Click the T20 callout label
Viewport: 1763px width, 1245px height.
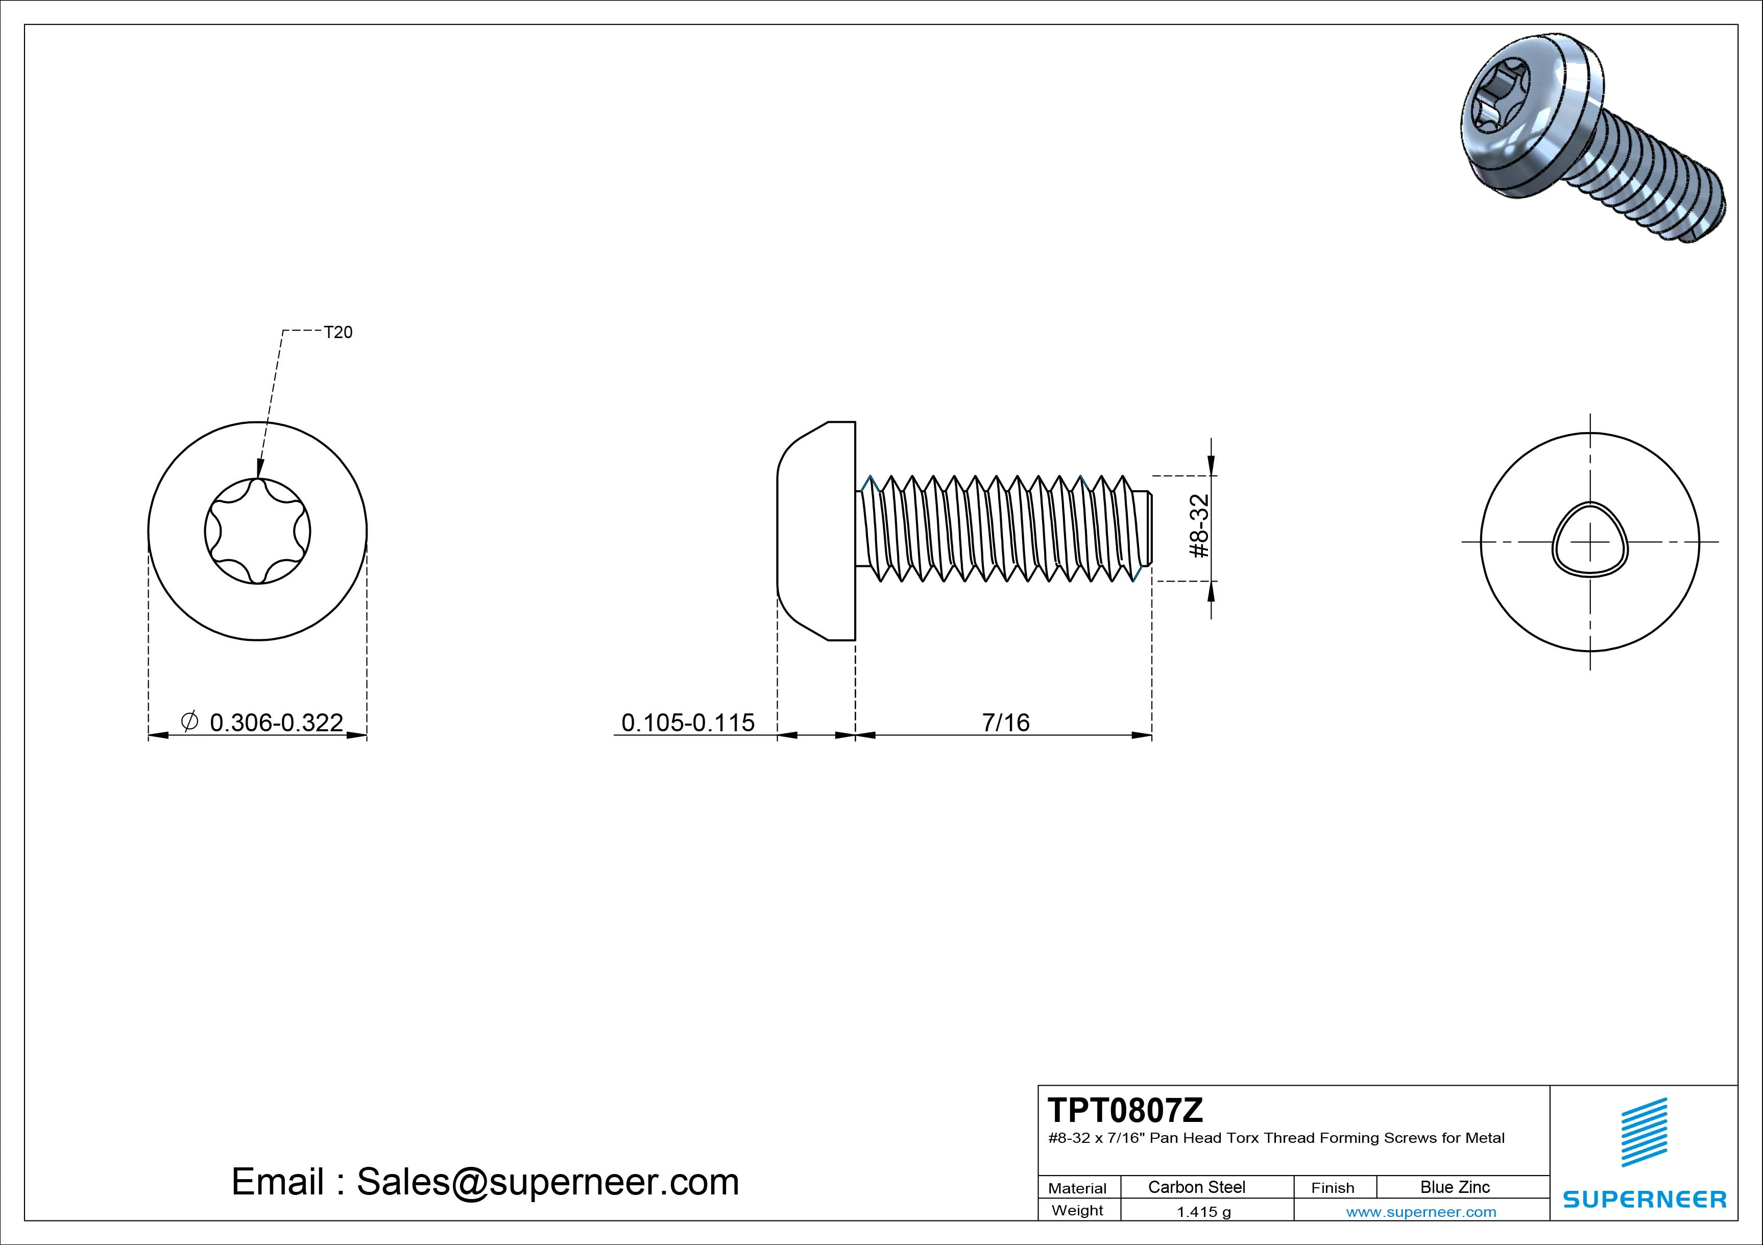click(x=338, y=332)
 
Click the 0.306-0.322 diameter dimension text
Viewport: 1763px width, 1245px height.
click(x=276, y=723)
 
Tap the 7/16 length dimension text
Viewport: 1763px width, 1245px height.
click(x=1005, y=723)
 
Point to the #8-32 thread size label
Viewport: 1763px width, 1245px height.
click(x=1199, y=527)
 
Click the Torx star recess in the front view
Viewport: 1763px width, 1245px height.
click(x=258, y=532)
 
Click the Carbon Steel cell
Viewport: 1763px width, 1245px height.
click(x=1196, y=1187)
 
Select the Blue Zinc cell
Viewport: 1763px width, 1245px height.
click(x=1455, y=1187)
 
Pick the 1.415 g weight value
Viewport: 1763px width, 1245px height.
click(x=1203, y=1212)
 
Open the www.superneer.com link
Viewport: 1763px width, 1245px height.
click(x=1420, y=1212)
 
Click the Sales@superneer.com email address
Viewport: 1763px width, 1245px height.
click(x=547, y=1182)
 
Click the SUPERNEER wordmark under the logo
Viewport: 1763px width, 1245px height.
click(x=1644, y=1199)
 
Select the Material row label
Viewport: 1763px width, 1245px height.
click(x=1077, y=1188)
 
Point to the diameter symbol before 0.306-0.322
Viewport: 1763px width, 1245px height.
click(x=189, y=721)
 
